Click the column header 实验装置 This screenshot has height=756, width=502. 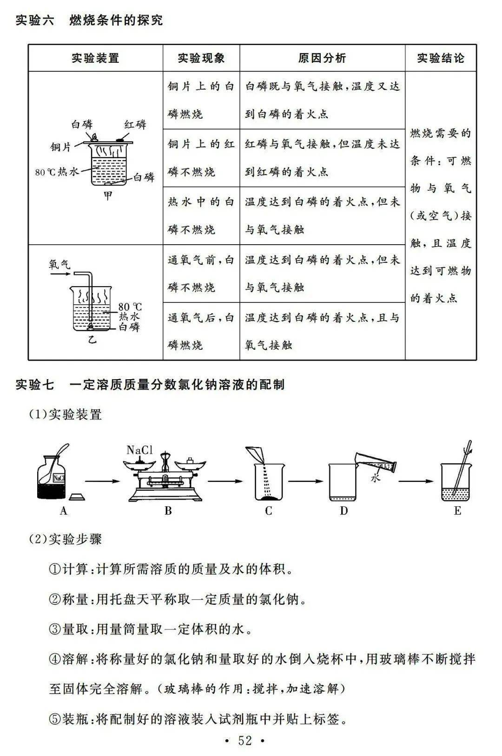(95, 58)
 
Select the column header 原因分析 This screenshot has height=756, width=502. (322, 58)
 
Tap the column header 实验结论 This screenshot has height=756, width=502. (441, 58)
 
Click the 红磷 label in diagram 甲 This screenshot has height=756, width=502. (135, 125)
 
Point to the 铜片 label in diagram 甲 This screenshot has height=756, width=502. (61, 147)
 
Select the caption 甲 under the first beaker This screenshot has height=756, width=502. (108, 196)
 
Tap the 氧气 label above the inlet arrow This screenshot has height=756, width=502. (59, 264)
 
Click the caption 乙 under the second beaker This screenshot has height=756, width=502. (92, 340)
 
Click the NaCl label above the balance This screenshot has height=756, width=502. (139, 450)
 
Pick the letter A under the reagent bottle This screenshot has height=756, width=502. (63, 511)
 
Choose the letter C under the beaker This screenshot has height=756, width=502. (268, 511)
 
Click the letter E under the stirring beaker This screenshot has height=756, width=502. (457, 511)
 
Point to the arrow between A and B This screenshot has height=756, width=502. (102, 481)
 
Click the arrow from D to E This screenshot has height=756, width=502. (416, 481)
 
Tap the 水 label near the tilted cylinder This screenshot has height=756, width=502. (376, 477)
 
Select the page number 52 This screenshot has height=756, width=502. (245, 741)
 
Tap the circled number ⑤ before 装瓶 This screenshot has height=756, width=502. (55, 719)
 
